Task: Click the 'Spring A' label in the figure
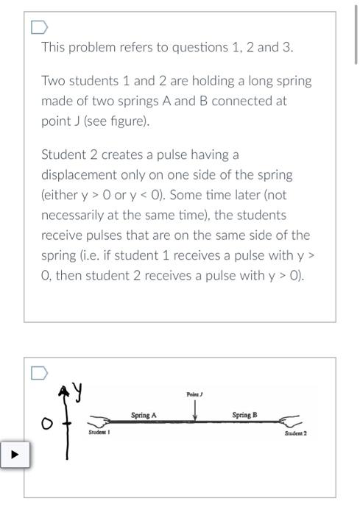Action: (144, 416)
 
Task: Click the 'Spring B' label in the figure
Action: (244, 416)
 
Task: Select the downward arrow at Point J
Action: (194, 410)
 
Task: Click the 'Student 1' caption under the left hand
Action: (99, 433)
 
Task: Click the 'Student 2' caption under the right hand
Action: (295, 433)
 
